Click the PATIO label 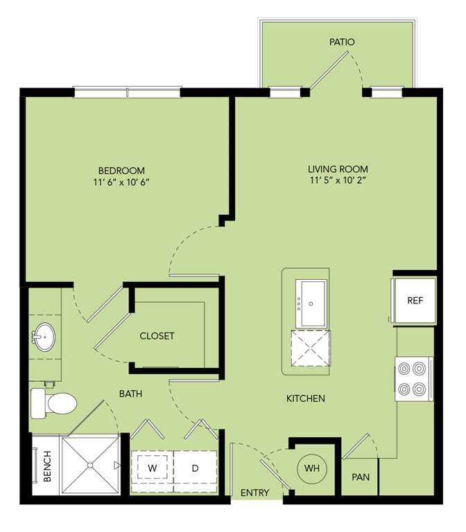click(342, 42)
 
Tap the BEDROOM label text click(121, 170)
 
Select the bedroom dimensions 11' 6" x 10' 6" click(121, 182)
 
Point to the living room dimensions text click(338, 180)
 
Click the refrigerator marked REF click(415, 300)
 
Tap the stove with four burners click(414, 379)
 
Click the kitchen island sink click(311, 303)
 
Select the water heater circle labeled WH click(312, 468)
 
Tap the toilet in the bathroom click(53, 403)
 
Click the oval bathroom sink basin click(45, 337)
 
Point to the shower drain click(90, 465)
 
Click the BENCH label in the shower click(47, 465)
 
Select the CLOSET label click(157, 336)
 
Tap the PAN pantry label click(361, 477)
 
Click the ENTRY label click(254, 493)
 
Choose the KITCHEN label click(306, 398)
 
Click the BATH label click(130, 393)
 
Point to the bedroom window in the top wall click(128, 92)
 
